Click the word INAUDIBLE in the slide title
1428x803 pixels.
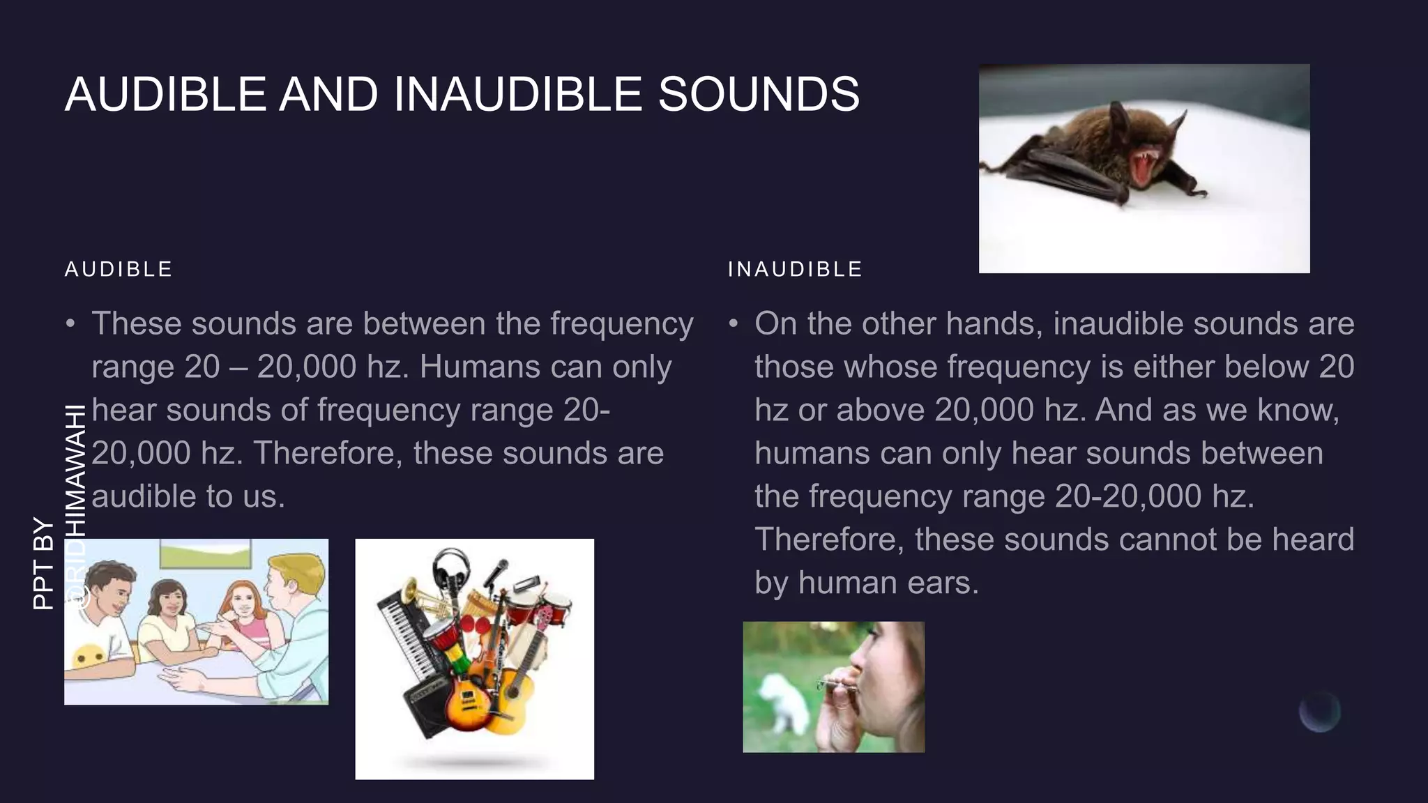point(517,94)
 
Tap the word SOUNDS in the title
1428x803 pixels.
point(759,94)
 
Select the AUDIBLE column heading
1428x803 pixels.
point(119,269)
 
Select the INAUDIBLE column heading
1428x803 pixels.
point(795,269)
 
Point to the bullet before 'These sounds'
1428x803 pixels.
point(70,325)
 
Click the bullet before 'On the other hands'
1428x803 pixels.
point(733,325)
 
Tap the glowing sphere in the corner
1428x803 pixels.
point(1319,712)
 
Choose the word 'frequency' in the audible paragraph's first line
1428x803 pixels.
point(621,324)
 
